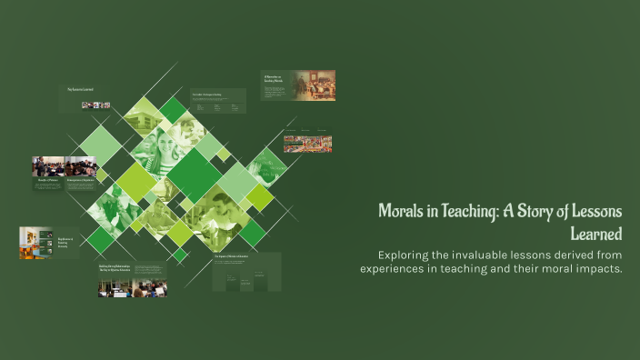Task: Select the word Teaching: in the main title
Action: click(478, 211)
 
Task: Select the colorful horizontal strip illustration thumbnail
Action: click(307, 144)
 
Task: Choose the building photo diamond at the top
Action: click(143, 116)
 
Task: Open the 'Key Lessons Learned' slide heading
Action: click(81, 89)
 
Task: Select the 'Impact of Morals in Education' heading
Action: click(233, 257)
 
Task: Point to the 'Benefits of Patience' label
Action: click(47, 181)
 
